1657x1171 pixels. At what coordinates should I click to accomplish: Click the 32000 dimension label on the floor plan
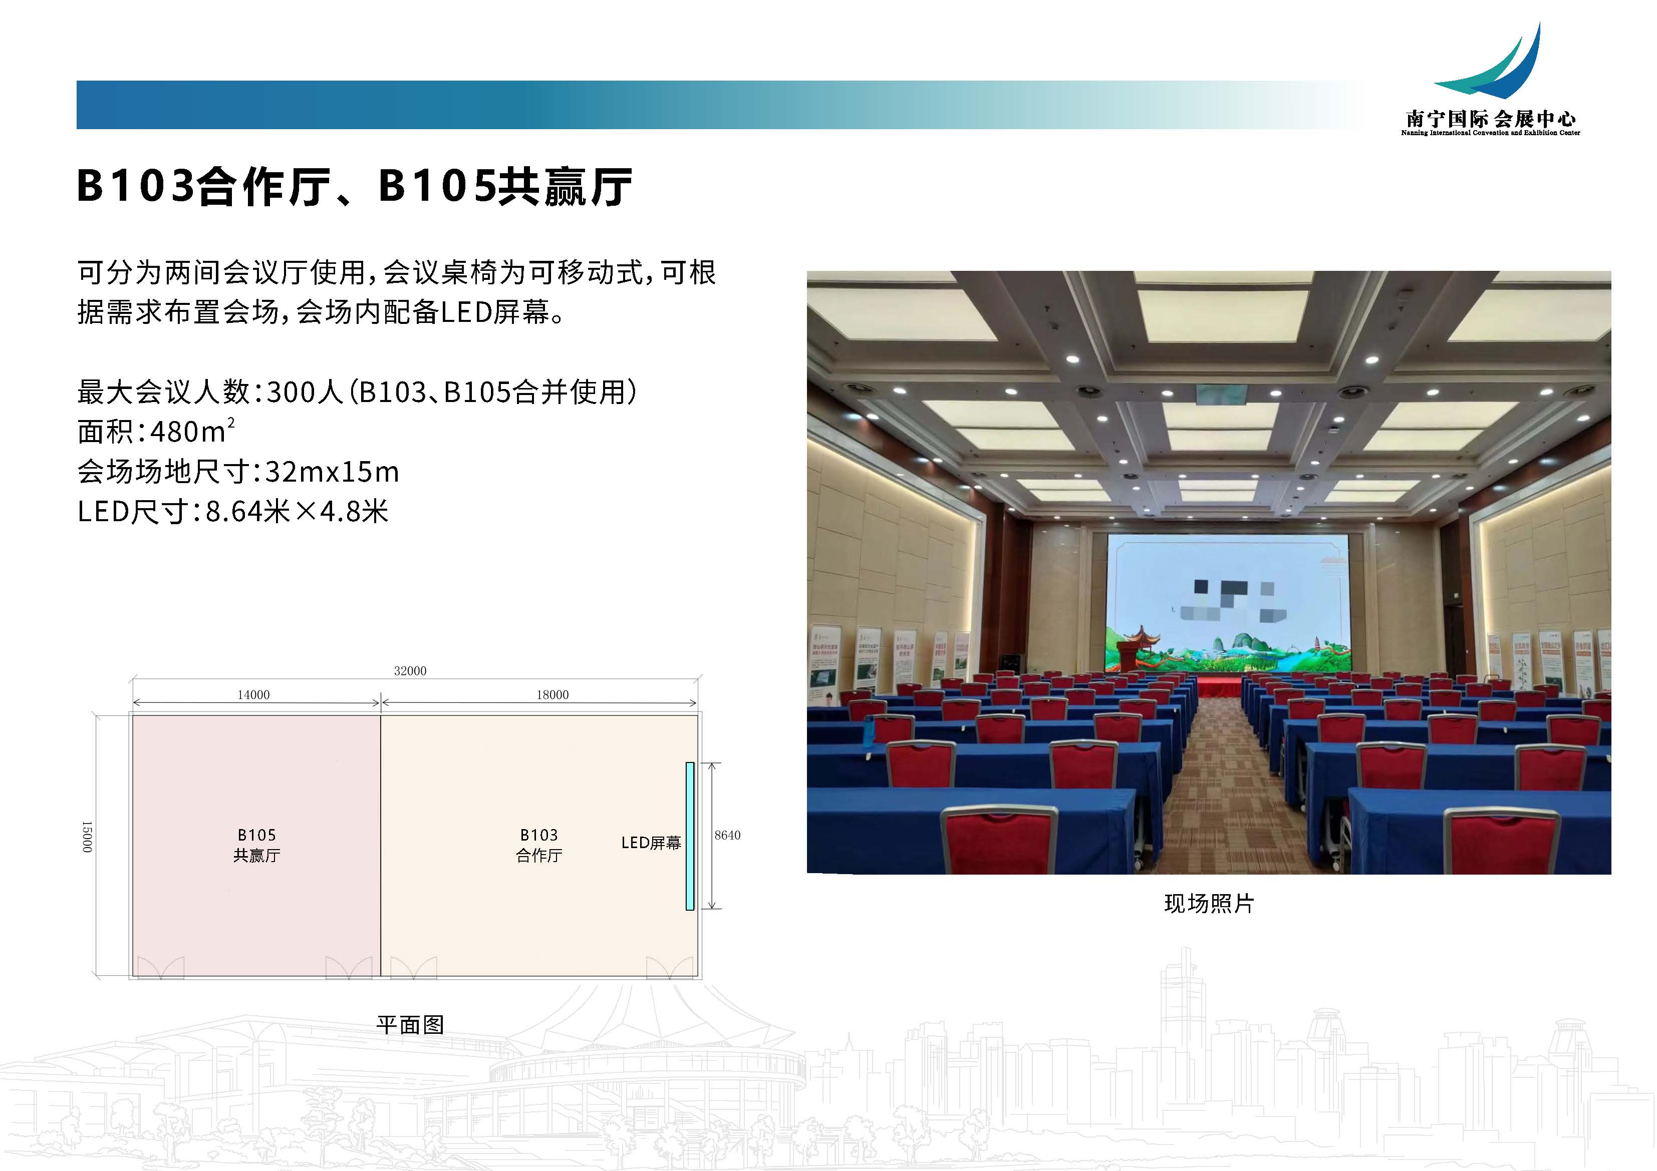click(x=410, y=671)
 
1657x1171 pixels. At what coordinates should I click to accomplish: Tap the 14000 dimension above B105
click(x=253, y=695)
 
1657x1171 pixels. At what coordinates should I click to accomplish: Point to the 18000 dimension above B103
click(x=552, y=695)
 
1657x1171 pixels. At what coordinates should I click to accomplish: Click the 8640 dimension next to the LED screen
click(x=727, y=835)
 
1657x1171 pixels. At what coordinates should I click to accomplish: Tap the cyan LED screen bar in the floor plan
click(x=690, y=836)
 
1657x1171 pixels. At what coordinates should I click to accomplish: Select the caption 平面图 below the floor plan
click(x=410, y=1024)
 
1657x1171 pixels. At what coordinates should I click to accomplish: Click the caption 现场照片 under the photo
click(x=1209, y=903)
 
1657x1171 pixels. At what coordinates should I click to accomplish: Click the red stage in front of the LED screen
click(x=1220, y=684)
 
